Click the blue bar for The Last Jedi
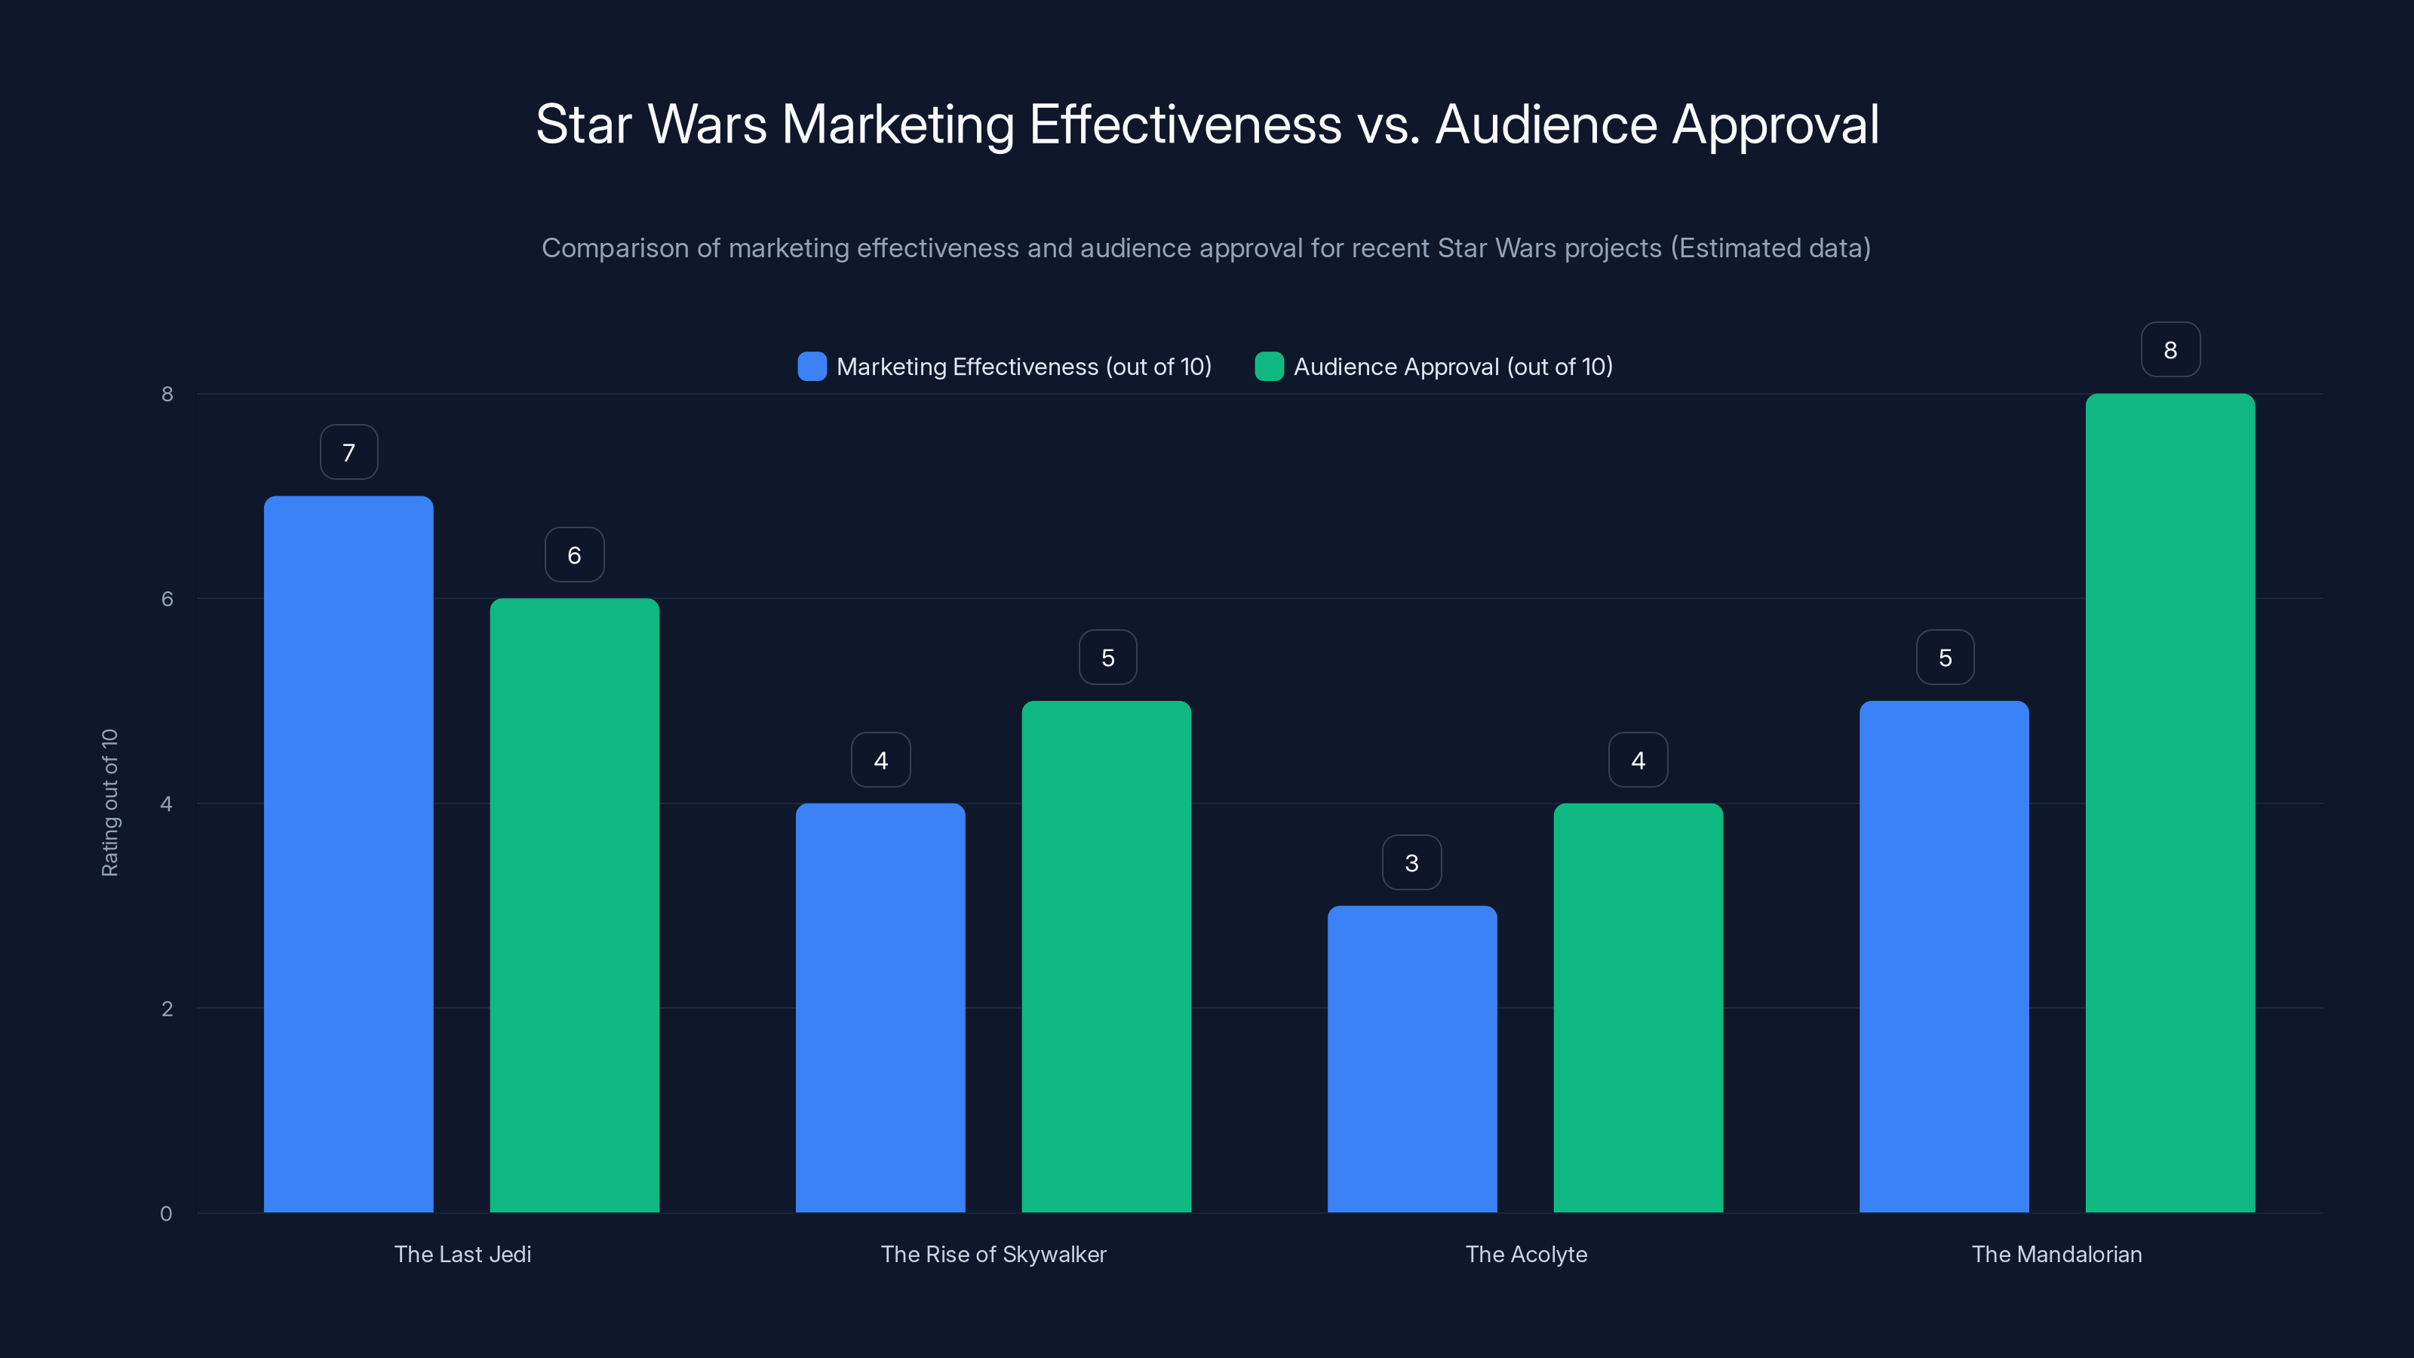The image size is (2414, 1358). click(x=348, y=853)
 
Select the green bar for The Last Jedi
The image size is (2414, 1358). click(x=574, y=905)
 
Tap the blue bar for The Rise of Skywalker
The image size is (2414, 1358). click(x=880, y=1007)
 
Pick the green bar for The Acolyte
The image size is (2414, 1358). click(x=1638, y=1007)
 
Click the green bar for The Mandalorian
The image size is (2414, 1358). click(x=2170, y=802)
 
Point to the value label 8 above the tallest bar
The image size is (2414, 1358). click(x=2170, y=349)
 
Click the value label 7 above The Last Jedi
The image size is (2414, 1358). click(x=349, y=453)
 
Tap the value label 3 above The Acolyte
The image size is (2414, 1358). click(x=1411, y=862)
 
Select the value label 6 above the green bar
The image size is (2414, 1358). click(x=574, y=555)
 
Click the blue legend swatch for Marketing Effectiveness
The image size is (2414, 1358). click(x=812, y=367)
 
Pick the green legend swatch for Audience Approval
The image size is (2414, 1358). click(x=1269, y=367)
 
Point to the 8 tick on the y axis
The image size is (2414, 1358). click(x=167, y=394)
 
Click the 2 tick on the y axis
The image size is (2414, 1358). click(x=167, y=1009)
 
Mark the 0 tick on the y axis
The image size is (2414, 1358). click(x=166, y=1214)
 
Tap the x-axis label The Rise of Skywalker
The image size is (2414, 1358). click(x=994, y=1254)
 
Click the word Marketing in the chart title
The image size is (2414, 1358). click(x=897, y=124)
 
